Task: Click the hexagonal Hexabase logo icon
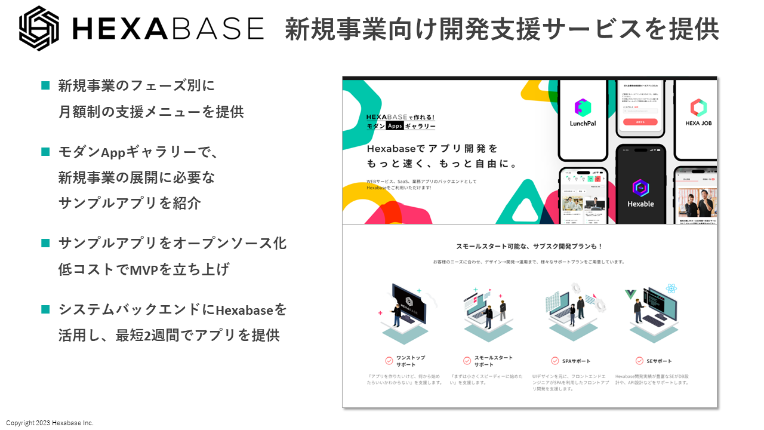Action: click(39, 28)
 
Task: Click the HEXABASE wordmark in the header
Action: click(167, 28)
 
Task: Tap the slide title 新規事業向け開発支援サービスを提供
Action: click(501, 29)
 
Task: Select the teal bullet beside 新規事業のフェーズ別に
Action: click(45, 85)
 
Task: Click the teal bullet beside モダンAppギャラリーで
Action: click(45, 152)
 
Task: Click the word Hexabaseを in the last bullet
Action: click(251, 310)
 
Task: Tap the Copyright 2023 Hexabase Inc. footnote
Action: click(50, 423)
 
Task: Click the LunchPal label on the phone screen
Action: click(583, 123)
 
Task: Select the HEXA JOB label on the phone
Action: click(698, 123)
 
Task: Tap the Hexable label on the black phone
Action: click(640, 204)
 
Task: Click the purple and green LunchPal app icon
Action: click(583, 107)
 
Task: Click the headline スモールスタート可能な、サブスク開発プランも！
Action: click(529, 246)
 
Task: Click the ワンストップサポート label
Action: click(411, 361)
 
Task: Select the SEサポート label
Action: click(659, 361)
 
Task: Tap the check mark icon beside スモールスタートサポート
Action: click(467, 361)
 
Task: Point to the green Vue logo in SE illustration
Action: click(629, 294)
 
